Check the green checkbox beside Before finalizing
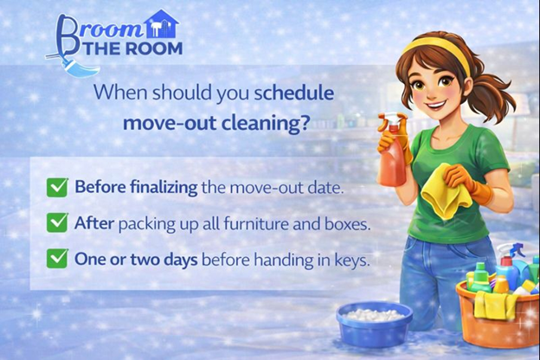pyautogui.click(x=58, y=186)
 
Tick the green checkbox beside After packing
pyautogui.click(x=58, y=222)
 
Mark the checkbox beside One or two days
pyautogui.click(x=58, y=258)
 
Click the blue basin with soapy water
pyautogui.click(x=374, y=322)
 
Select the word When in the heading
pyautogui.click(x=119, y=92)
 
